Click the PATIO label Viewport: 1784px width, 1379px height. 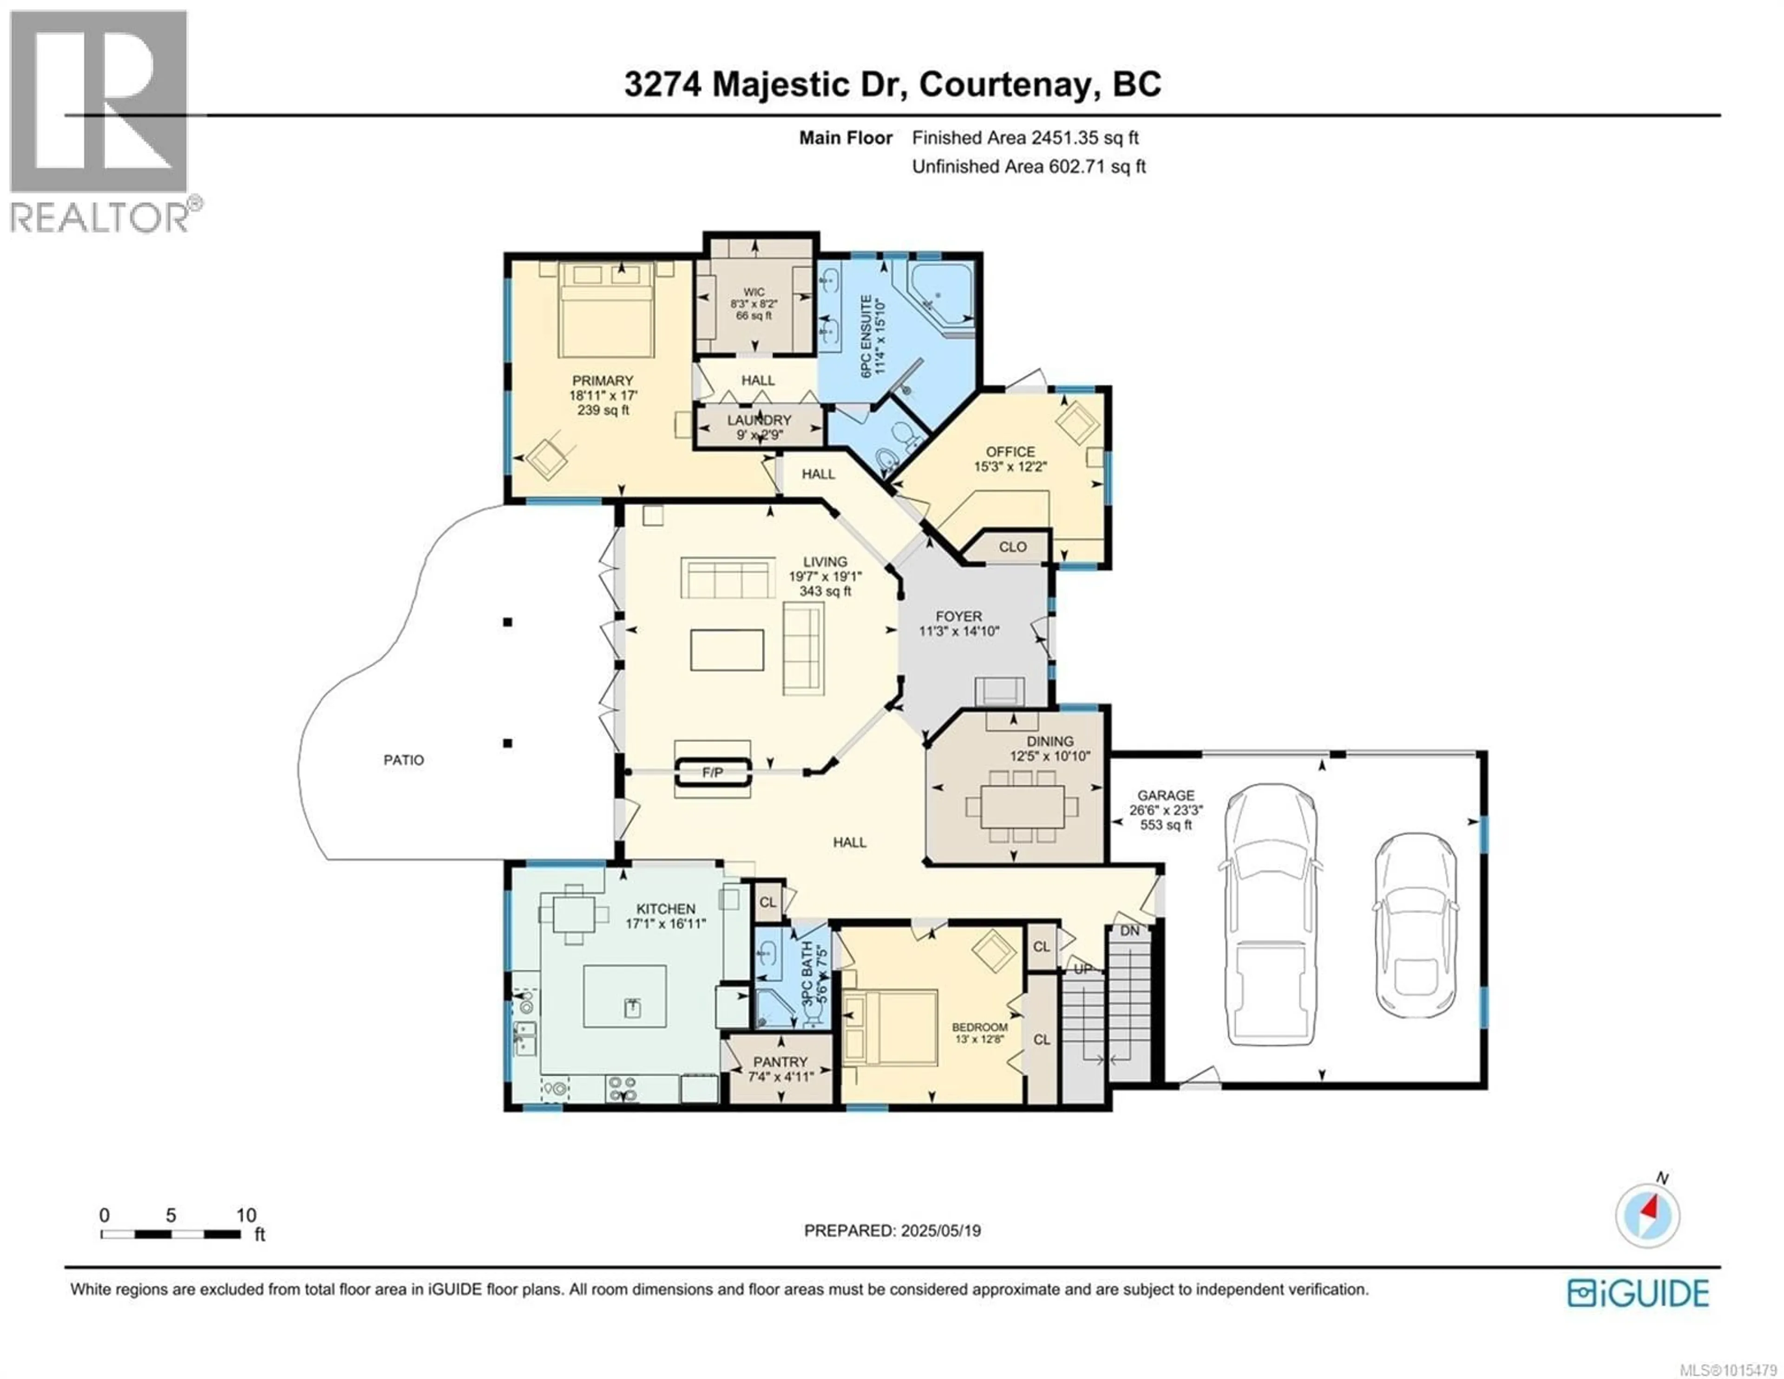(404, 760)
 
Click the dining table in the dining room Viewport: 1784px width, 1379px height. (1022, 806)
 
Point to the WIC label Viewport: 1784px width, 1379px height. (754, 292)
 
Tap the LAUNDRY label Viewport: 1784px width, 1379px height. (760, 420)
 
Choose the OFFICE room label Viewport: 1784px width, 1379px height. (1010, 451)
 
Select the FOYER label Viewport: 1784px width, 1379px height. (959, 616)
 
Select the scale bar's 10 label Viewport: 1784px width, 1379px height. (246, 1216)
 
